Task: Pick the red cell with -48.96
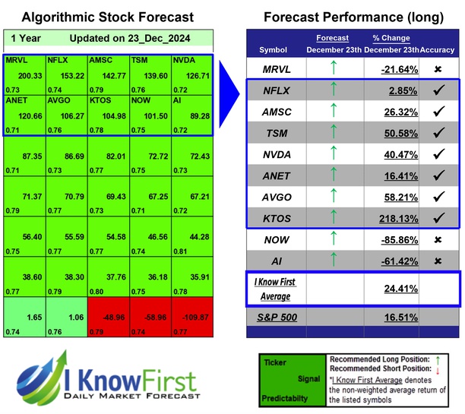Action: coord(106,315)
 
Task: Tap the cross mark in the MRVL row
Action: coord(438,69)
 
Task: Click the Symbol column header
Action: coord(274,50)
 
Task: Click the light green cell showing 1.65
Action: coord(26,315)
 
